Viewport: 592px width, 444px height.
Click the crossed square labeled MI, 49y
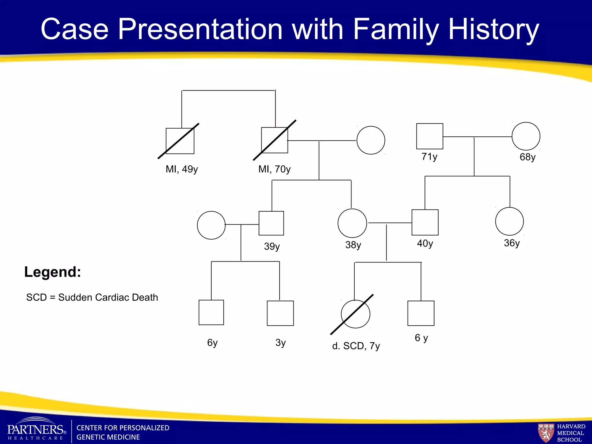180,141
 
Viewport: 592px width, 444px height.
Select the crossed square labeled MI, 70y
274,140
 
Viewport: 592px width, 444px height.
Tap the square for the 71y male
430,136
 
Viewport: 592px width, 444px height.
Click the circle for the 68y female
526,136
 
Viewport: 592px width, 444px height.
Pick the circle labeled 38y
352,223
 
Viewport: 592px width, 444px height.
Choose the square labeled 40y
425,222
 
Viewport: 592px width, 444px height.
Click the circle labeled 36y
509,221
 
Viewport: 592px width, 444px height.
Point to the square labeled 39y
271,223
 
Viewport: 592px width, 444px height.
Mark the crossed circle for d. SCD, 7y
355,314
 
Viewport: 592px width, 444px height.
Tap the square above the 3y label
280,313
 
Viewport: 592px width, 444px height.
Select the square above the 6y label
211,312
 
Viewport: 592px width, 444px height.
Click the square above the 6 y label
421,313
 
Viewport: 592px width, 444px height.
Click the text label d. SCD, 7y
356,346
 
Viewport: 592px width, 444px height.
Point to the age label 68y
528,157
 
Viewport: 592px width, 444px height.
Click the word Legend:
53,272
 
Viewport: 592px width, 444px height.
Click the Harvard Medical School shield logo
546,433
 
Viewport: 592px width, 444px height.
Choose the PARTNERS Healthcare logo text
36,430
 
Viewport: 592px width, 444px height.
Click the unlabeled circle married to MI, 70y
371,140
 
